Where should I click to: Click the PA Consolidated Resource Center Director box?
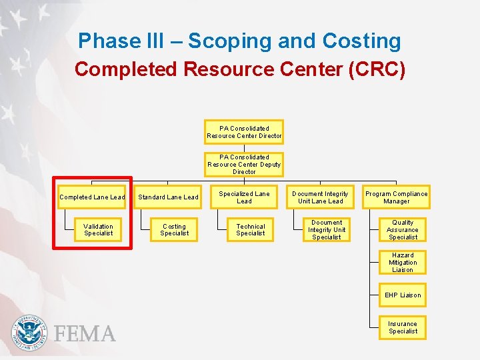244,132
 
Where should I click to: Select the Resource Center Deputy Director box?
244,165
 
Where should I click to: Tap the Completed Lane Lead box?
92,197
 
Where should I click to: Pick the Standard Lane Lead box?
168,197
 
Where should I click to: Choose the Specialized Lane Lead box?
244,197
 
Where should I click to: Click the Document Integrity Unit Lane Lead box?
320,197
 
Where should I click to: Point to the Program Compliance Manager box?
396,197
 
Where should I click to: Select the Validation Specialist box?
99,229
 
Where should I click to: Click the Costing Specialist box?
174,229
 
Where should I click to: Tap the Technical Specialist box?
251,229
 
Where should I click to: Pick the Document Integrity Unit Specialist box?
327,229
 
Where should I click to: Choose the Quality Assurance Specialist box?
403,229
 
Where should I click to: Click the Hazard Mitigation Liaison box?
403,262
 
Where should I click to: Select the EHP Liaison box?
403,295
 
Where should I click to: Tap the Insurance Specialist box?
403,327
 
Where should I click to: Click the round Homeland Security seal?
30,333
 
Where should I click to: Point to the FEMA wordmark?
85,333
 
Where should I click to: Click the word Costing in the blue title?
362,41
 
